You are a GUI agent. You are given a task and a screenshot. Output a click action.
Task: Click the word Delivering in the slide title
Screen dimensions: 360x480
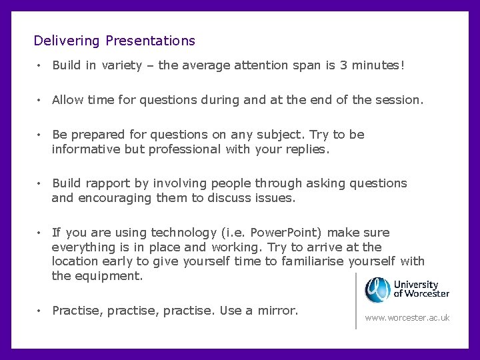pos(67,41)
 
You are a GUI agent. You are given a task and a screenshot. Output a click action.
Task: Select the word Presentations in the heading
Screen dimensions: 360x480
pos(150,41)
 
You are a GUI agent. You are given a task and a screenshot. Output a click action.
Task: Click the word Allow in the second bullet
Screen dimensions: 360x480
pos(67,100)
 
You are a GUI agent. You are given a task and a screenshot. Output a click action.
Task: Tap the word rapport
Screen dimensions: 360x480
pos(109,183)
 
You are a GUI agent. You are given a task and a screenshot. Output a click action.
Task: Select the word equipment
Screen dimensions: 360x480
pos(108,276)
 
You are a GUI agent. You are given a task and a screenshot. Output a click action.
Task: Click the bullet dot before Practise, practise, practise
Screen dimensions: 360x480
pos(41,311)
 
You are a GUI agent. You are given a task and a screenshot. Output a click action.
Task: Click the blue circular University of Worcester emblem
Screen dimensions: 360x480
pos(378,290)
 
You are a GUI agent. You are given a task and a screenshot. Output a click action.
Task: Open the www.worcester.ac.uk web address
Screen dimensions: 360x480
pos(407,318)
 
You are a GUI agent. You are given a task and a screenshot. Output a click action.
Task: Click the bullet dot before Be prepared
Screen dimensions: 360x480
pos(41,135)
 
